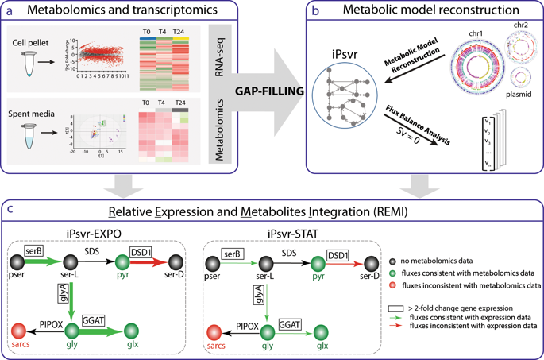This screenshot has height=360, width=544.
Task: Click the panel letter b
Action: pyautogui.click(x=316, y=10)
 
